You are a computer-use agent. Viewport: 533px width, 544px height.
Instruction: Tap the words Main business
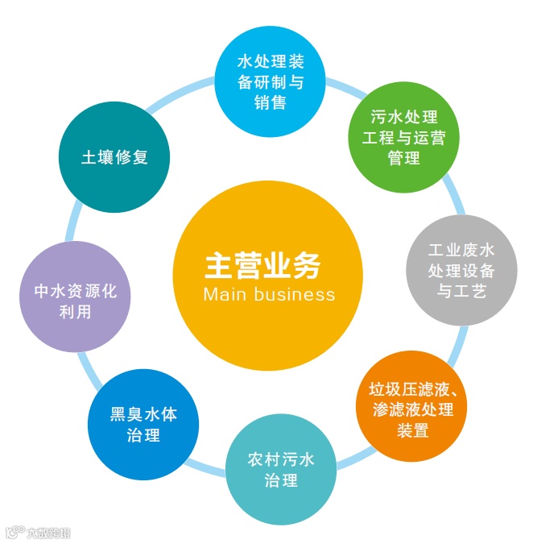[269, 294]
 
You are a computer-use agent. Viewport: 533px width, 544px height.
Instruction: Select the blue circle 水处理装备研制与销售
[271, 81]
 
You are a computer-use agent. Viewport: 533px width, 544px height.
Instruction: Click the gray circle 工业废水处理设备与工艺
[461, 272]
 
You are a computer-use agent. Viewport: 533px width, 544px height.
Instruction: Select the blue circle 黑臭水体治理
[143, 425]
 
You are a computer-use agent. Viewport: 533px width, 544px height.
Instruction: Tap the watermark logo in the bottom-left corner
[38, 533]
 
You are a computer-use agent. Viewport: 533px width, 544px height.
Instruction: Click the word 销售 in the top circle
[270, 103]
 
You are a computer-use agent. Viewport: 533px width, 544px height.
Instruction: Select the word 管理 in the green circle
[404, 159]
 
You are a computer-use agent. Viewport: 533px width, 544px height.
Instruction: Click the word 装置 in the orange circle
[413, 430]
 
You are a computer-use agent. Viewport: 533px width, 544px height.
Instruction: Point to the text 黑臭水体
[143, 415]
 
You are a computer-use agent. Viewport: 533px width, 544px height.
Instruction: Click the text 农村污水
[280, 460]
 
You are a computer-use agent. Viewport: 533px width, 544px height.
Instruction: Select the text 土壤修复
[115, 157]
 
